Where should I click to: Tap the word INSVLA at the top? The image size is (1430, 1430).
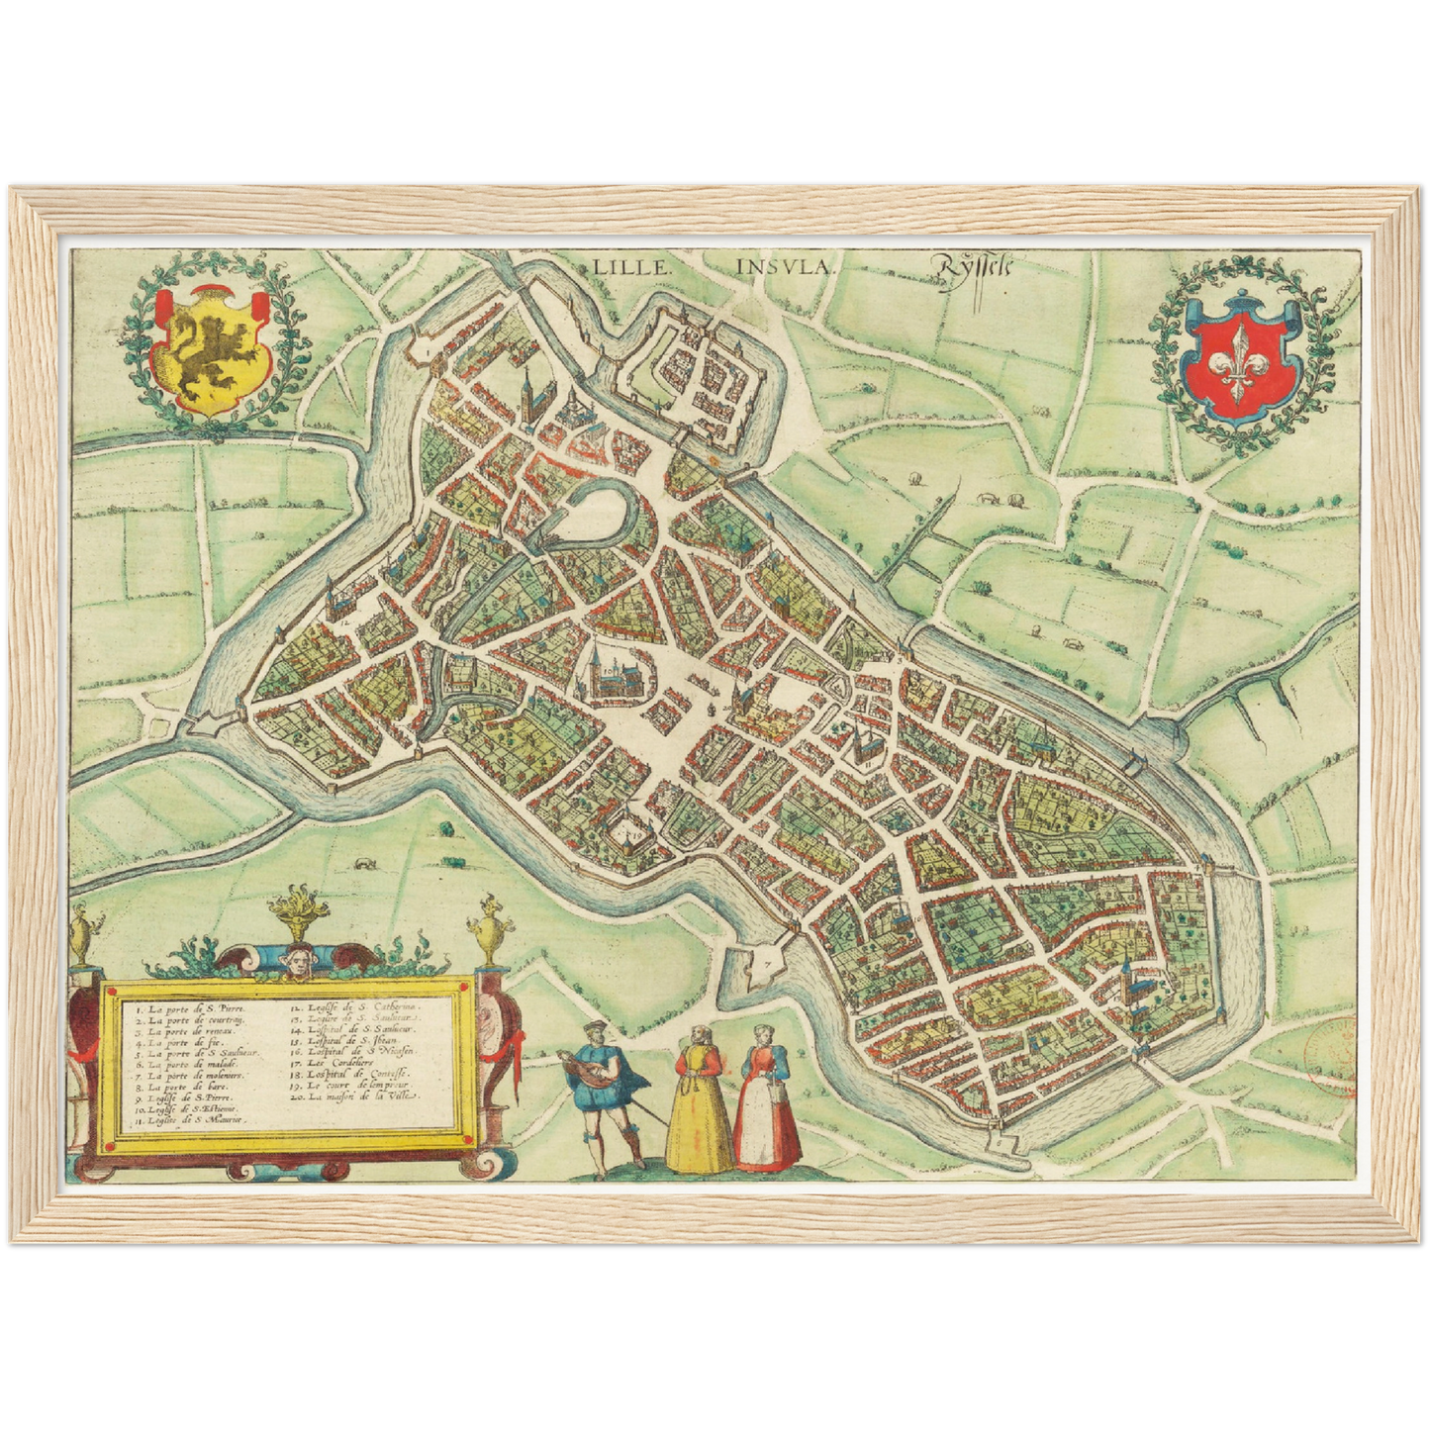(x=787, y=266)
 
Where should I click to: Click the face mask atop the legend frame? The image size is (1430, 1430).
(x=294, y=958)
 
